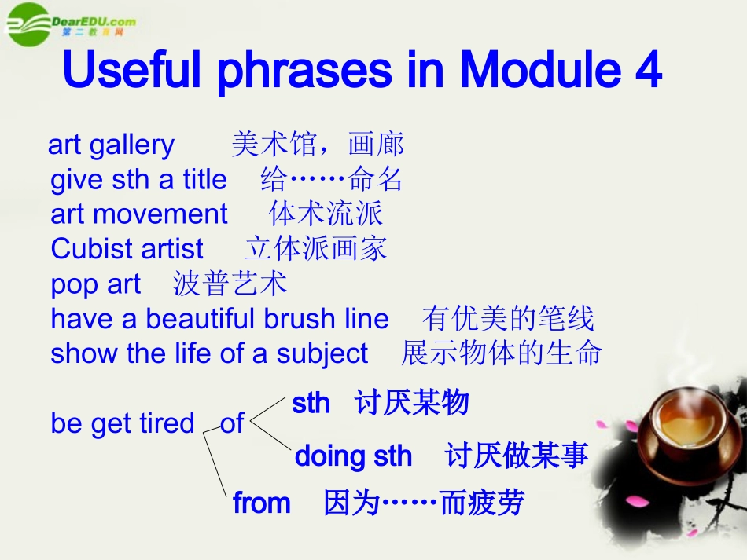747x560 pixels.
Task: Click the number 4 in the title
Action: (x=646, y=71)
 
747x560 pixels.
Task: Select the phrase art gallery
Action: (x=112, y=145)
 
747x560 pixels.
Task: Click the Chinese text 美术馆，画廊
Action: (x=318, y=145)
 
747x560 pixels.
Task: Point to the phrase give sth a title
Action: (x=138, y=180)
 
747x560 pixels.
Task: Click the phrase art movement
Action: (x=139, y=214)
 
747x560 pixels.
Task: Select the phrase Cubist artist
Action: (x=127, y=249)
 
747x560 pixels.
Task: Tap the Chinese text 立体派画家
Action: (x=316, y=248)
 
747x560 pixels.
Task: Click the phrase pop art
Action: (x=96, y=284)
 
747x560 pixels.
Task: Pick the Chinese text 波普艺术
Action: (x=230, y=284)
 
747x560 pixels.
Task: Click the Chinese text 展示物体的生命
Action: (x=501, y=353)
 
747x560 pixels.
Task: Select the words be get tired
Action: (x=123, y=423)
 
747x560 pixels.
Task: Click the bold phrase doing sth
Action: (x=353, y=456)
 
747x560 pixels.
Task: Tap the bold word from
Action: (x=262, y=503)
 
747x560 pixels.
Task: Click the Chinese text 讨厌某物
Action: (x=411, y=404)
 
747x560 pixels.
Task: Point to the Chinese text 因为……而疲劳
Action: (x=424, y=503)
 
